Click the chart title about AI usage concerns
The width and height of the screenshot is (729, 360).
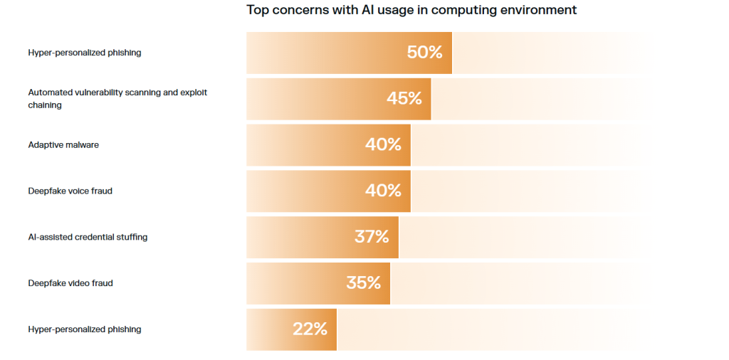point(411,10)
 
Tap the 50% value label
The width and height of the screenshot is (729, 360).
point(424,52)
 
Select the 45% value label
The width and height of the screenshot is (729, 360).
point(404,98)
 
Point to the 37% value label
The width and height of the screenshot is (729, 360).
point(372,237)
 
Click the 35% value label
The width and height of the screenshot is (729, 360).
point(364,282)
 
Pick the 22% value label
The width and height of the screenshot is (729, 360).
point(310,329)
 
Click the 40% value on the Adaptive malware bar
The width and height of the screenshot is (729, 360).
point(383,144)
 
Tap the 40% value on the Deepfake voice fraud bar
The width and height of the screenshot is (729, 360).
point(383,191)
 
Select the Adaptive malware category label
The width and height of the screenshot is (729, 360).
point(63,144)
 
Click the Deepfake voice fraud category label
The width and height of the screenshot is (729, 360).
point(70,191)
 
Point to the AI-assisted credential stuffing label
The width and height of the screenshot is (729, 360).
point(88,237)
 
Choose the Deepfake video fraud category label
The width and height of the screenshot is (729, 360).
point(70,283)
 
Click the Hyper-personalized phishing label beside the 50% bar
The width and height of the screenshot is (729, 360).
point(85,53)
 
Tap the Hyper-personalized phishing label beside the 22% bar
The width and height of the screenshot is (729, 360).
point(85,329)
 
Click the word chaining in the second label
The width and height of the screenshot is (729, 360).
point(45,105)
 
